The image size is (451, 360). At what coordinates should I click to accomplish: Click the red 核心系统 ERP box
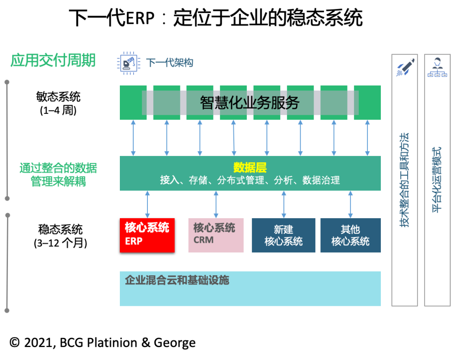tap(147, 235)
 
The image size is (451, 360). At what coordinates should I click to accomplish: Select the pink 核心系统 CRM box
tap(215, 235)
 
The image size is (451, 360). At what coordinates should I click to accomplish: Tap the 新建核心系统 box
tap(283, 235)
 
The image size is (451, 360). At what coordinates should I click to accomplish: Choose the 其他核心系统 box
tap(350, 235)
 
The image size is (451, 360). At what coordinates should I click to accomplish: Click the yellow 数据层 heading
tap(250, 168)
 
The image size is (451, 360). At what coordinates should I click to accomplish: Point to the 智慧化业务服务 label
tap(250, 103)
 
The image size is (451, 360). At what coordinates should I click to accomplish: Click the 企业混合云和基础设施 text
tap(177, 280)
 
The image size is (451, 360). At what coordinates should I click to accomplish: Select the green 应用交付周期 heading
tap(53, 60)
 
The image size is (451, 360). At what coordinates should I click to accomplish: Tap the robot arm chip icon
tap(128, 63)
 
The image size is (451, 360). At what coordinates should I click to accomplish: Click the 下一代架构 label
tap(170, 63)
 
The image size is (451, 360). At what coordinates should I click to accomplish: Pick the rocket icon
tap(405, 67)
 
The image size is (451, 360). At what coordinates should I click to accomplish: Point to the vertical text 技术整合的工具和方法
tap(404, 179)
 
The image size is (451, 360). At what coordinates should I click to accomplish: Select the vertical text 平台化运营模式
tap(437, 179)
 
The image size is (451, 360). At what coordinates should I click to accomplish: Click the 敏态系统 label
tap(58, 97)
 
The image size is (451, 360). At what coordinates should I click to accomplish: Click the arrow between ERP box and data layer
tap(147, 204)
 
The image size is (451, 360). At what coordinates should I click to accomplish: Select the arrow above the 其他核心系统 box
tap(350, 204)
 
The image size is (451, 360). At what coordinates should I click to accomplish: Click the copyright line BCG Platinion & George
tap(103, 343)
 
